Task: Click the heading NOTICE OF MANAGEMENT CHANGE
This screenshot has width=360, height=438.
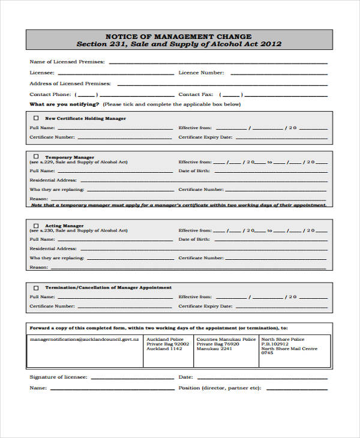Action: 178,36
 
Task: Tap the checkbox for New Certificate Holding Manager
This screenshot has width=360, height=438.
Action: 35,118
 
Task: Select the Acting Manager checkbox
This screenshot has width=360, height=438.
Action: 35,226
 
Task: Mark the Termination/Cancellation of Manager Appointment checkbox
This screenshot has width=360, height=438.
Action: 35,287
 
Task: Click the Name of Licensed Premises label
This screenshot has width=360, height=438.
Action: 67,62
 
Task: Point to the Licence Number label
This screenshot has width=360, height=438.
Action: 201,73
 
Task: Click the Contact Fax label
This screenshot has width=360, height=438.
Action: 196,94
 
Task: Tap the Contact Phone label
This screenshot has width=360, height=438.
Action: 50,94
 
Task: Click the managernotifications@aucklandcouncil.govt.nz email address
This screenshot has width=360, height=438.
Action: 84,340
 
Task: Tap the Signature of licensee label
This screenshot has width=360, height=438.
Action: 58,377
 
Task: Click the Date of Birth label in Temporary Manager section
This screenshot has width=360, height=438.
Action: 193,170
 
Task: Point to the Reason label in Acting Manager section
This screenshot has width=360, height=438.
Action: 38,267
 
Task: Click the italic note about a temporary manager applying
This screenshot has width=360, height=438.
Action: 178,205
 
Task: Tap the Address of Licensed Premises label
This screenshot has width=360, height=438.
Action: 70,83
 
